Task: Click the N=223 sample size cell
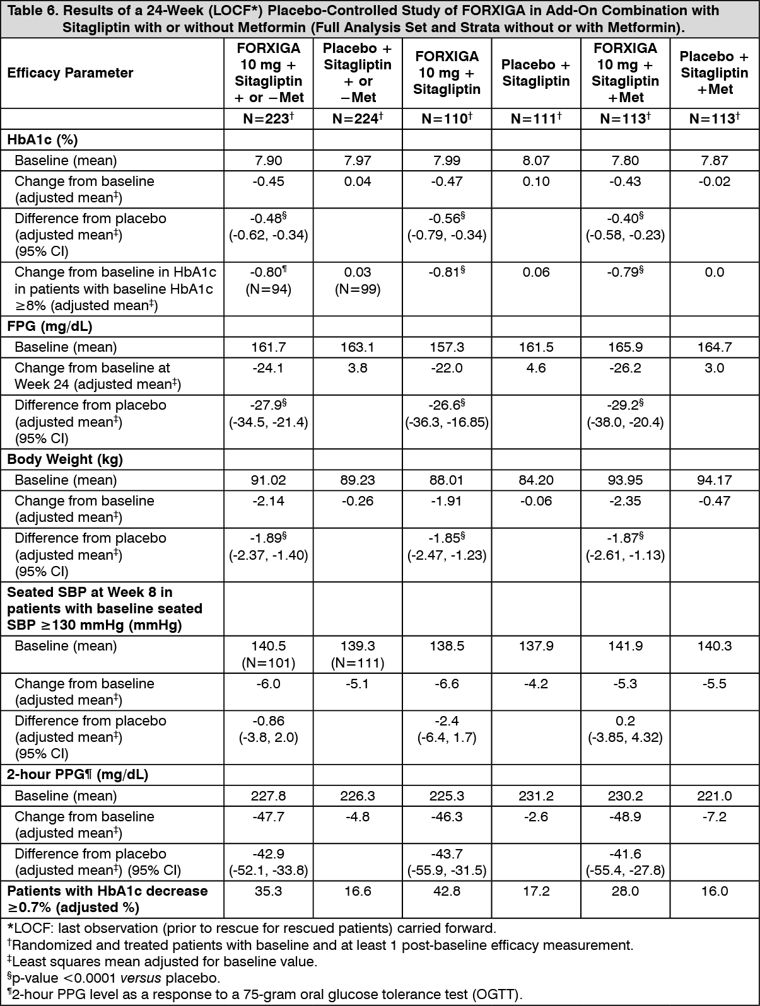tap(268, 119)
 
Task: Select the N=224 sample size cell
tap(358, 119)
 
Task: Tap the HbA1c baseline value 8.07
tap(536, 161)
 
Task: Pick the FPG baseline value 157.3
tap(447, 347)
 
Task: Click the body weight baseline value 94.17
tap(715, 480)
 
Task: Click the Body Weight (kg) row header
tap(65, 460)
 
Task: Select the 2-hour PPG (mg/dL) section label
tap(78, 775)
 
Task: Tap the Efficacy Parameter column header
tap(70, 73)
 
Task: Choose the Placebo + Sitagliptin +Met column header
tap(715, 73)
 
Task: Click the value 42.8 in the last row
tap(447, 891)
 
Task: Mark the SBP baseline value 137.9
tap(536, 646)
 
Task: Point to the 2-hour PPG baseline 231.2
tap(536, 796)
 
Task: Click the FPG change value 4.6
tap(536, 368)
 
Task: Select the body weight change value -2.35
tap(625, 501)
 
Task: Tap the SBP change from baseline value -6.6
tap(447, 684)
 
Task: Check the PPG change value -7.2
tap(715, 817)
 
